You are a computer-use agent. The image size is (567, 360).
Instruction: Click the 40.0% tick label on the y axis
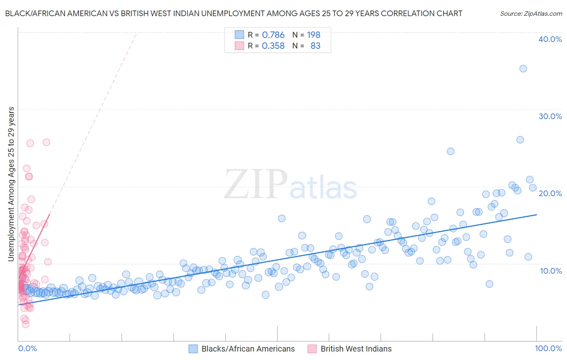550,39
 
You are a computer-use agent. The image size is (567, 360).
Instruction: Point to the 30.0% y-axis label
550,116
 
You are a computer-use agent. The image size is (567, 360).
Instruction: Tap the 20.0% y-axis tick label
550,193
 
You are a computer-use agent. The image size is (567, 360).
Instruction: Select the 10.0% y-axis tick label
551,271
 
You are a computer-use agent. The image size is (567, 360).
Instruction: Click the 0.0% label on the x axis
27,349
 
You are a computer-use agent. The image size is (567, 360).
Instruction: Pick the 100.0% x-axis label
548,349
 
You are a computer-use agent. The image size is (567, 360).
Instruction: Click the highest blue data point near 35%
523,69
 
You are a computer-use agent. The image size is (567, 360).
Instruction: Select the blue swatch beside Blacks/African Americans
193,349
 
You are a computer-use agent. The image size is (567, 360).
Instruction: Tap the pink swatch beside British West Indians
312,349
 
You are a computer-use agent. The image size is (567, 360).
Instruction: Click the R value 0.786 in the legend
273,35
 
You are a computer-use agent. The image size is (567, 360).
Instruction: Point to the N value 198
313,35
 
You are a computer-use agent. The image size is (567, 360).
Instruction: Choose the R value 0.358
273,46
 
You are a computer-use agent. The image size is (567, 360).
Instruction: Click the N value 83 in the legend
315,46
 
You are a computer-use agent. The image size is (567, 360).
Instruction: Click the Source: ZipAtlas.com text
531,14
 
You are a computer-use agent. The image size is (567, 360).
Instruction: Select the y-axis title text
11,184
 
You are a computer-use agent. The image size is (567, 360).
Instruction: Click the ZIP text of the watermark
256,184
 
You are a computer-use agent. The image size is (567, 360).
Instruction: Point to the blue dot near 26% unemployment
520,140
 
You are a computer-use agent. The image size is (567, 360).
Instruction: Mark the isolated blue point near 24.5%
450,151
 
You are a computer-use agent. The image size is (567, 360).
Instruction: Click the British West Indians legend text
356,349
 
